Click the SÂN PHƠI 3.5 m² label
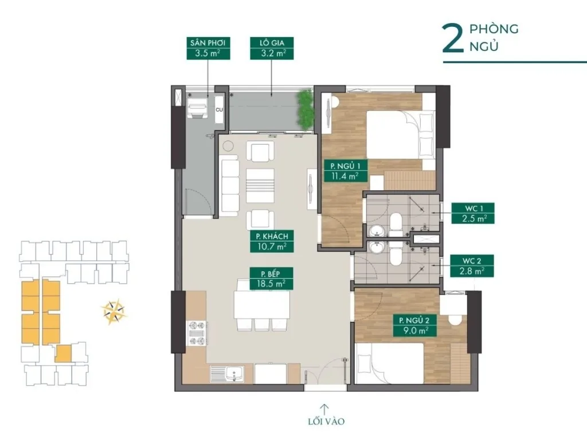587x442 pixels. pyautogui.click(x=204, y=49)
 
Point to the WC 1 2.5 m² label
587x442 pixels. pyautogui.click(x=473, y=213)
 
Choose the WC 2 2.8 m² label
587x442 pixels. pyautogui.click(x=473, y=265)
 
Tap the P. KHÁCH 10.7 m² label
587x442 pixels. pyautogui.click(x=268, y=241)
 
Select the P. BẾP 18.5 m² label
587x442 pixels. pyautogui.click(x=268, y=277)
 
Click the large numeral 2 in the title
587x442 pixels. pyautogui.click(x=452, y=38)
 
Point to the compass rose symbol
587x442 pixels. pyautogui.click(x=114, y=312)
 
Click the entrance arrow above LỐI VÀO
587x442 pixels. pyautogui.click(x=324, y=409)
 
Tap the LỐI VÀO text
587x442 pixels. pyautogui.click(x=324, y=422)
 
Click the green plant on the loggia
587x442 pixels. pyautogui.click(x=303, y=109)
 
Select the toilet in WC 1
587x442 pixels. pyautogui.click(x=396, y=224)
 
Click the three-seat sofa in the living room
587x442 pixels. pyautogui.click(x=230, y=185)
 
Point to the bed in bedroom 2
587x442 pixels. pyautogui.click(x=390, y=362)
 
